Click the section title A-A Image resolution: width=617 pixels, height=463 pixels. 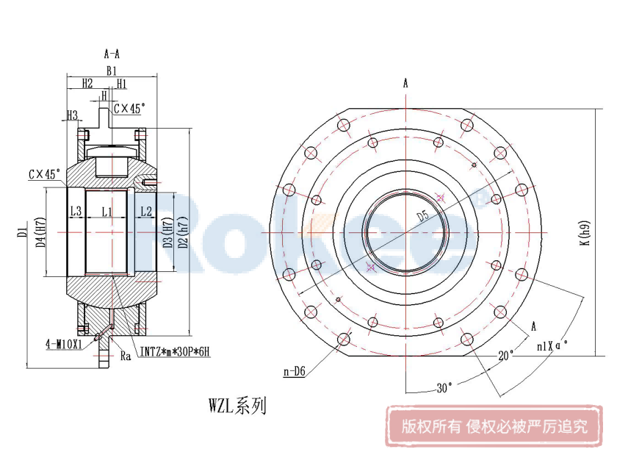click(112, 54)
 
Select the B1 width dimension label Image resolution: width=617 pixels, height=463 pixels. click(111, 71)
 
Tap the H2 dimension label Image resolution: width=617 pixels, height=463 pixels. click(87, 83)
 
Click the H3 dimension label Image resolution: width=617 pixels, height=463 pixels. click(72, 115)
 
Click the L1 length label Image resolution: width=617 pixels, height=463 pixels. click(107, 212)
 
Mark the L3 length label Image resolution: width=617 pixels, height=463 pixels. click(76, 212)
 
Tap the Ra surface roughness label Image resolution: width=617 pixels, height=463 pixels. click(125, 356)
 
